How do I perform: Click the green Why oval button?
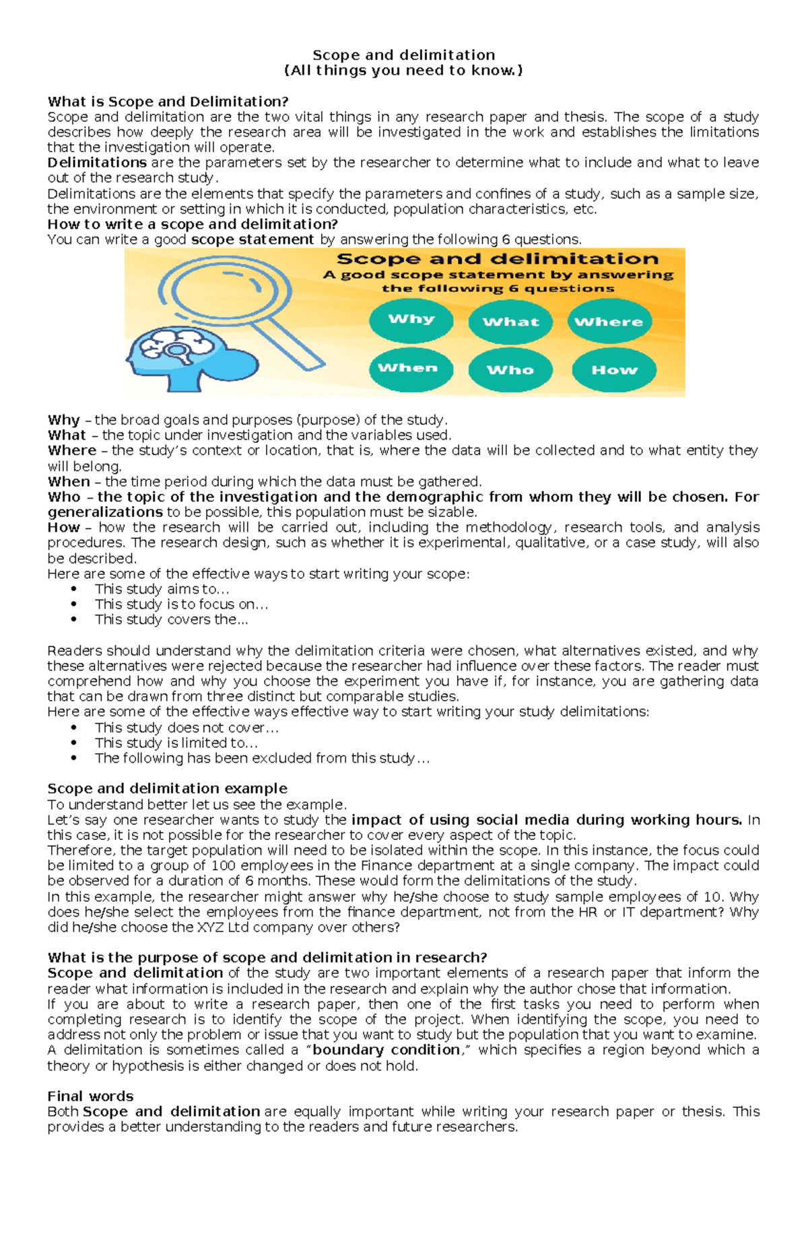[x=411, y=320]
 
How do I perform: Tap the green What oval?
[x=510, y=322]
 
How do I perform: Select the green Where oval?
[x=609, y=322]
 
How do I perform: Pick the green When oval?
[x=408, y=368]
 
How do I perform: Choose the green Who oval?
[x=510, y=369]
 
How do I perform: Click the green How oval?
[x=614, y=369]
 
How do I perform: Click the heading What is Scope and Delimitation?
[x=168, y=102]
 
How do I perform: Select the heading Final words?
[x=90, y=1096]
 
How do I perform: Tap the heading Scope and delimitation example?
[x=167, y=788]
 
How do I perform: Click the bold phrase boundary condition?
[x=386, y=1049]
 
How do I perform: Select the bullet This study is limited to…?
[x=176, y=742]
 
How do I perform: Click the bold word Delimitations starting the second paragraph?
[x=97, y=162]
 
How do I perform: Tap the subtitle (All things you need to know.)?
[x=403, y=71]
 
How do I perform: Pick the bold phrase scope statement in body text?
[x=252, y=240]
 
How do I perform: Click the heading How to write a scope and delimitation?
[x=193, y=224]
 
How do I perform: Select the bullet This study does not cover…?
[x=187, y=728]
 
